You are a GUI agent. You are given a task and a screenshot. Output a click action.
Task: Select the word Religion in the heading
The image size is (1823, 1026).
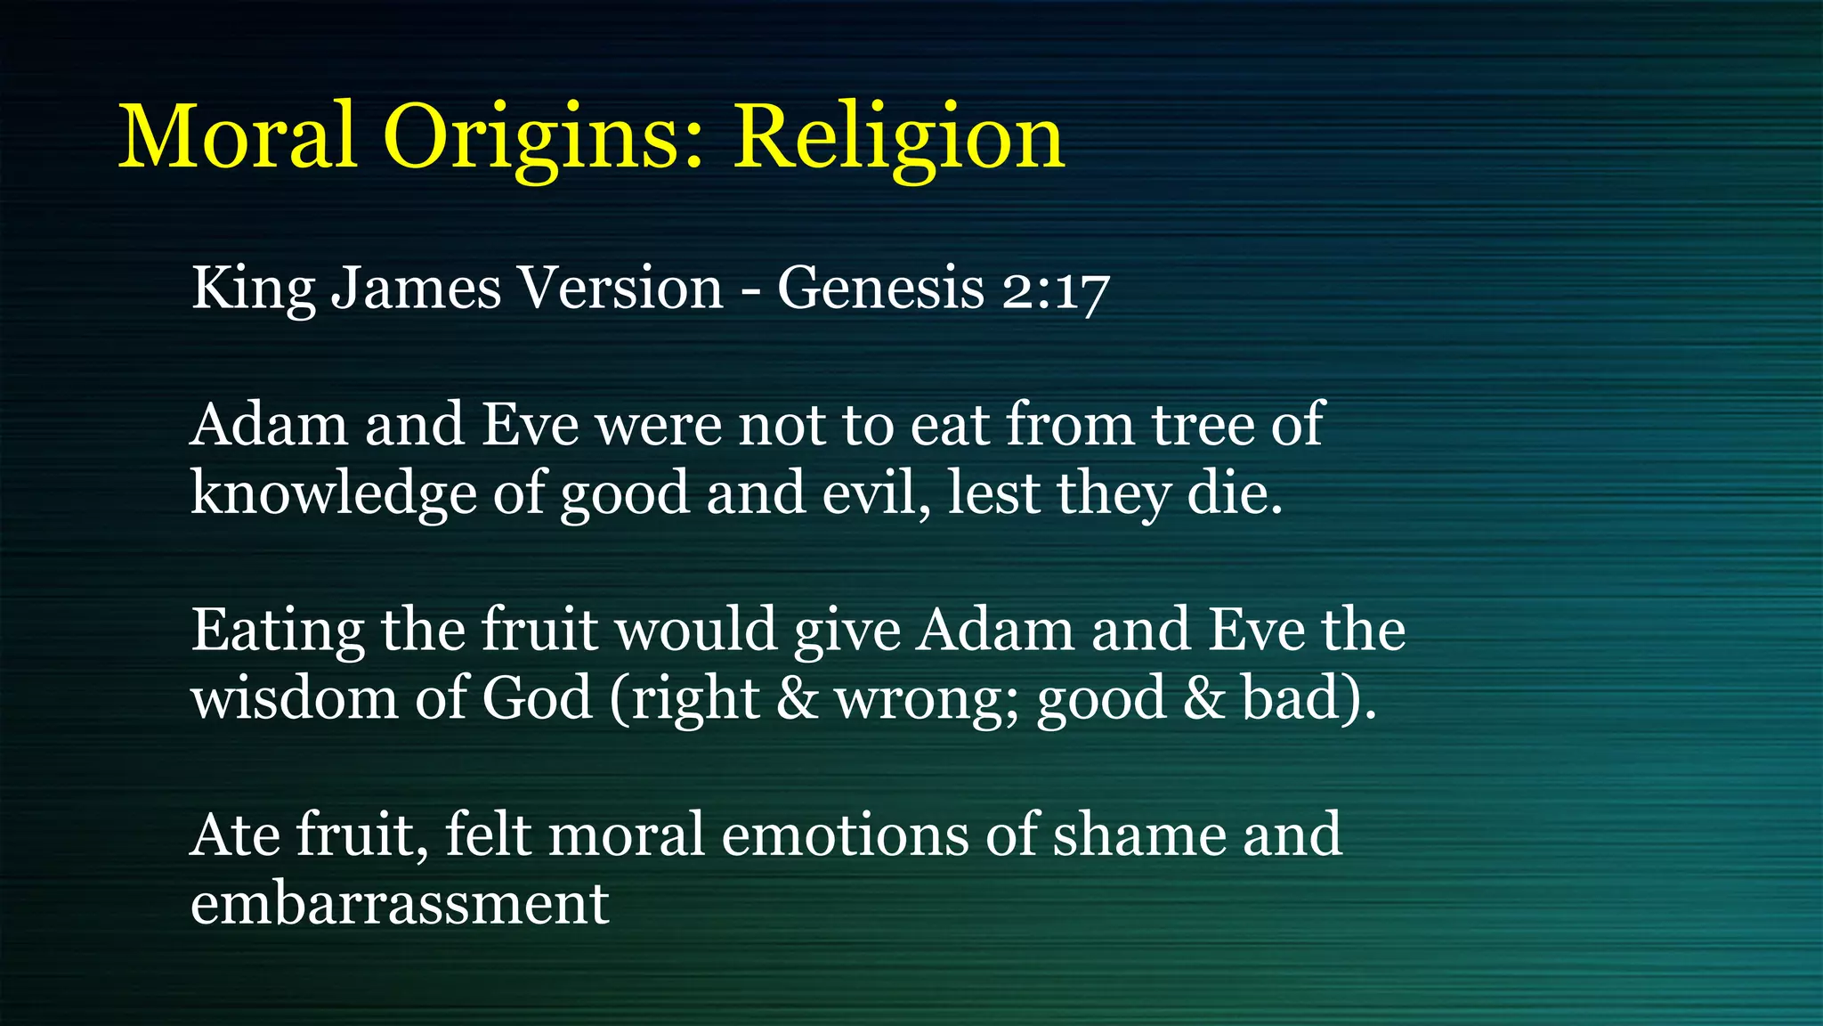898,138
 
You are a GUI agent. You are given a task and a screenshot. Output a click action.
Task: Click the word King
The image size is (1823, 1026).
253,289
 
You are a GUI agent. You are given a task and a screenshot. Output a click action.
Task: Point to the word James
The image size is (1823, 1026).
416,289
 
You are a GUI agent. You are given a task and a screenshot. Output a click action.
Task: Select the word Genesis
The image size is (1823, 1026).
880,289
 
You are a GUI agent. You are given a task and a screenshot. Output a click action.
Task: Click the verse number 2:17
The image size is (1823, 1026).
1056,290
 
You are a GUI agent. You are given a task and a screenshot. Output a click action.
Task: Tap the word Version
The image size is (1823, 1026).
620,289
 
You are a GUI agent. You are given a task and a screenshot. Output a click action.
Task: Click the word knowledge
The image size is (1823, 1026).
333,493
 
